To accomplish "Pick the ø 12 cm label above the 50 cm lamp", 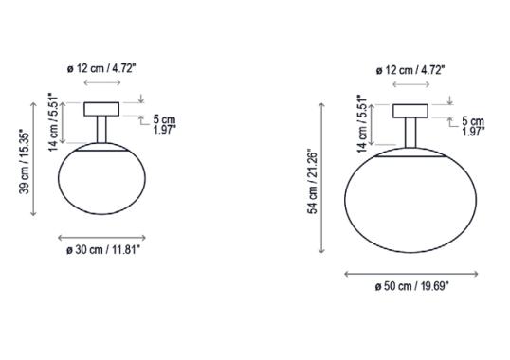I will pyautogui.click(x=410, y=69).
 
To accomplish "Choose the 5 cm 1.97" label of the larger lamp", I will pyautogui.click(x=472, y=126).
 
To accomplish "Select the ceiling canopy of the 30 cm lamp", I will pyautogui.click(x=101, y=108).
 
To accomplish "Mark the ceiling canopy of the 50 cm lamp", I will pyautogui.click(x=410, y=110).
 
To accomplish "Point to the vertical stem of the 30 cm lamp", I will pyautogui.click(x=101, y=130).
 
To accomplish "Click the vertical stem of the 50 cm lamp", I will pyautogui.click(x=410, y=133).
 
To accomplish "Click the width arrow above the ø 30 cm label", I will pyautogui.click(x=101, y=237).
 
